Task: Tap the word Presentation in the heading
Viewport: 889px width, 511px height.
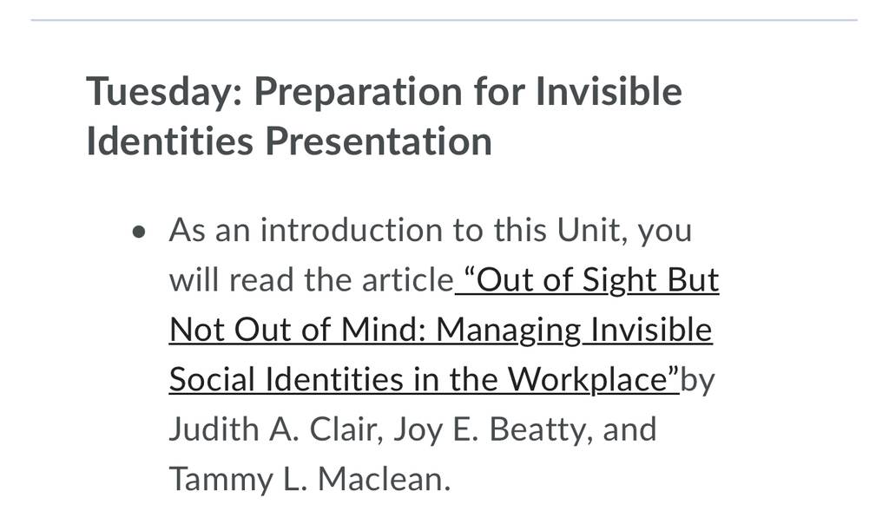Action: click(x=379, y=141)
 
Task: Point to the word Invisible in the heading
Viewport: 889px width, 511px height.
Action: click(x=609, y=91)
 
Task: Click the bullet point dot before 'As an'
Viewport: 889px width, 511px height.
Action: click(x=139, y=232)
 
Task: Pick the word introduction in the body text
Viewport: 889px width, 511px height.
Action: click(x=352, y=230)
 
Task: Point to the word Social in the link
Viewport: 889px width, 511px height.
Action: click(x=212, y=380)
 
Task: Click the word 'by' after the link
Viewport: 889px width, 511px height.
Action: click(x=697, y=381)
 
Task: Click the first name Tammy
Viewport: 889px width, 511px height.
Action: click(x=221, y=480)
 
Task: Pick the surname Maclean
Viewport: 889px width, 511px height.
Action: click(x=384, y=479)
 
